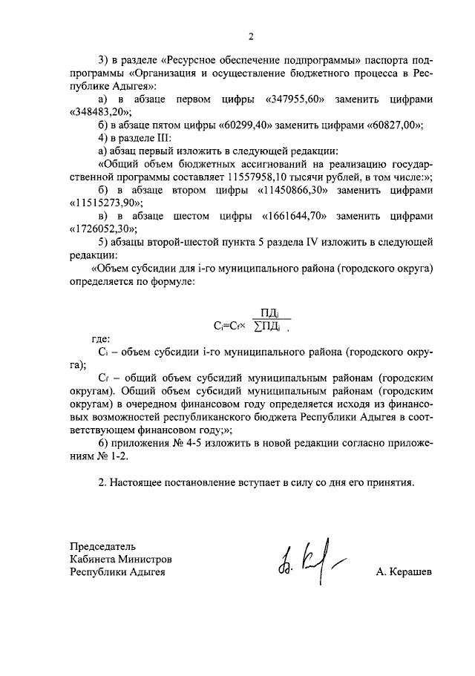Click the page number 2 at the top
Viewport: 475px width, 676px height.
[x=251, y=37]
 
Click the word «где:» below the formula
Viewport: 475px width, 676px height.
[x=98, y=338]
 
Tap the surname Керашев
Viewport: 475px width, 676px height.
[x=404, y=572]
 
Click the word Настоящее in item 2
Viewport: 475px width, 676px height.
[x=143, y=482]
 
